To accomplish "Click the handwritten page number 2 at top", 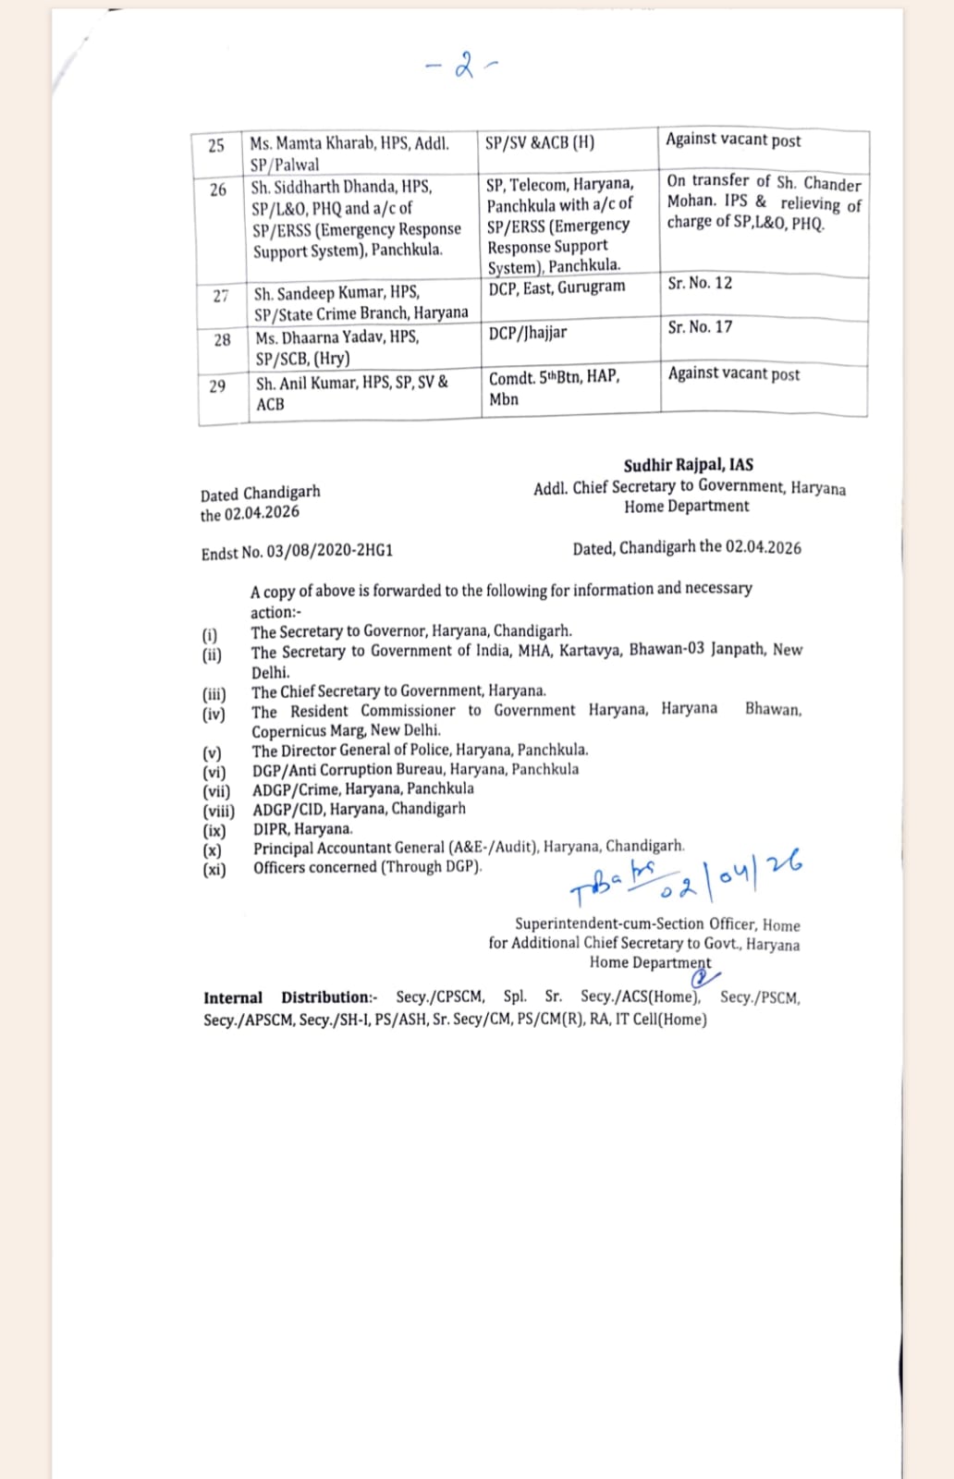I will tap(464, 66).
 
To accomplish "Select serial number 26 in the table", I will tap(218, 189).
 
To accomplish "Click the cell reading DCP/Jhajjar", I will tap(528, 333).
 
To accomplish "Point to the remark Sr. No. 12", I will tap(700, 283).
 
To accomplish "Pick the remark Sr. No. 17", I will tap(700, 326).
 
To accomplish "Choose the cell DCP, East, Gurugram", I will tap(556, 287).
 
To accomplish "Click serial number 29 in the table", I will tap(217, 386).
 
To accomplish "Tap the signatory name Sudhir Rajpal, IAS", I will tap(688, 465).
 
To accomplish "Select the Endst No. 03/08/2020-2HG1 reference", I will tap(297, 552).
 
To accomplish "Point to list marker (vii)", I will tap(216, 790).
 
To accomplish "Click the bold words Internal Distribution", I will tap(287, 997).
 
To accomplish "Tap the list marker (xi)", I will tap(214, 869).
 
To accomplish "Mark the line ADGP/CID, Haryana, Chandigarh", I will tap(359, 809).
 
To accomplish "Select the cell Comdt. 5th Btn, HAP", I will tap(554, 377).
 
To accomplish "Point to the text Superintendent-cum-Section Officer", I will tap(635, 924).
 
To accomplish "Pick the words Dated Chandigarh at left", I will tap(260, 494).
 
